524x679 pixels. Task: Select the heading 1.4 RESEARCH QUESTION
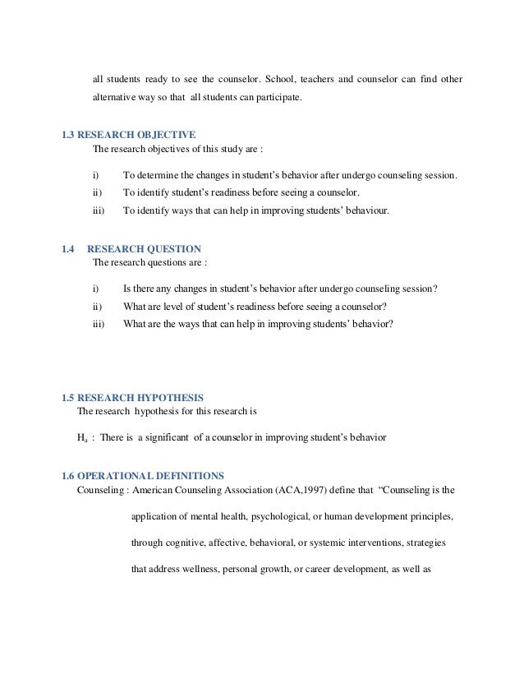(x=131, y=247)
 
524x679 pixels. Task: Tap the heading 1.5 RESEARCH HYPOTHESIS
(x=133, y=397)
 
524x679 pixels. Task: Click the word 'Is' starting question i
(x=126, y=289)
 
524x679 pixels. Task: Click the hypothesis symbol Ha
(x=81, y=438)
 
